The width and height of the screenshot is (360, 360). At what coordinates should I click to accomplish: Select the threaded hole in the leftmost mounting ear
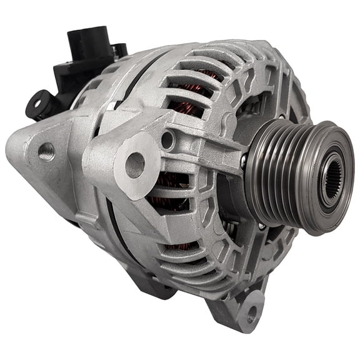tap(46, 151)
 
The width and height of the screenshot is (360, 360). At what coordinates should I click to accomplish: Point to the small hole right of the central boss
tap(167, 139)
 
